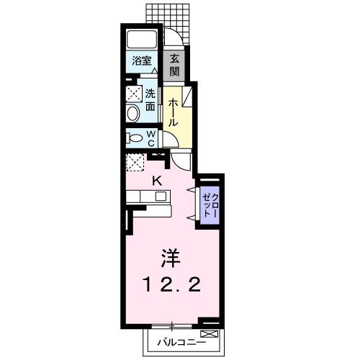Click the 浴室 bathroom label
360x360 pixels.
tap(141, 62)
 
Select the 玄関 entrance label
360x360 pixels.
tap(175, 66)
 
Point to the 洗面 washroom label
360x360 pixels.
tap(150, 99)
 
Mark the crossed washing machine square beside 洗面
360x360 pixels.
tap(133, 94)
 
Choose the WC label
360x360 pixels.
tap(152, 138)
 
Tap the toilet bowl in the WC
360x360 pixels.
tap(134, 138)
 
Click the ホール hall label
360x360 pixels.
tap(174, 113)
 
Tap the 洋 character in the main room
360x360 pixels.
tap(170, 257)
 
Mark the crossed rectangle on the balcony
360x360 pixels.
tap(208, 335)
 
